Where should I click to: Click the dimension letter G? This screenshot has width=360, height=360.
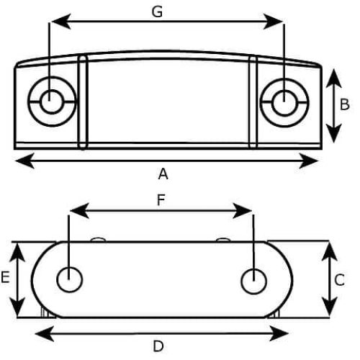[x=157, y=12]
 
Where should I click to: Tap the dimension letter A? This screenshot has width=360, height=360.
[x=163, y=174]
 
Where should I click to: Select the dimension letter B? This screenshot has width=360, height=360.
[x=345, y=104]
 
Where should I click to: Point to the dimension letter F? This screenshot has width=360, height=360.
[x=161, y=200]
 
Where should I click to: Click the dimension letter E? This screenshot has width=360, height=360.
[x=5, y=277]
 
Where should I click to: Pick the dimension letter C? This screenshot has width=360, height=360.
[x=339, y=280]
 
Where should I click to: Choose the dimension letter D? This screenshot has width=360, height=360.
[x=158, y=346]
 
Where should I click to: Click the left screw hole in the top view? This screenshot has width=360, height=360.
[x=52, y=102]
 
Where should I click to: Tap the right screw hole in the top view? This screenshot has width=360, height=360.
[x=284, y=102]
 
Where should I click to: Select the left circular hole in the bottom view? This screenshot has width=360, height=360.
[x=70, y=279]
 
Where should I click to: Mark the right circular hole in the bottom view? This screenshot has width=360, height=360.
[x=253, y=281]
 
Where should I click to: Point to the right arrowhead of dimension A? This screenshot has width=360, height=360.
[x=309, y=161]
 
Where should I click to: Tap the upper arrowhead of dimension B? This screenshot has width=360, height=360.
[x=334, y=78]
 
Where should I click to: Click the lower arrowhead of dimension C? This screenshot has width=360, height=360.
[x=330, y=307]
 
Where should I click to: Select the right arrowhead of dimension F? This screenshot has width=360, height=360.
[x=243, y=211]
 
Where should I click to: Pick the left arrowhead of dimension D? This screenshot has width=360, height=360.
[x=45, y=333]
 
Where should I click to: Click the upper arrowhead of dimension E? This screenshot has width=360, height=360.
[x=17, y=253]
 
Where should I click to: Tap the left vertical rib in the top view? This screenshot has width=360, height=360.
[x=83, y=103]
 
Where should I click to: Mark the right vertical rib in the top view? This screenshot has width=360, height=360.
[x=253, y=102]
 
